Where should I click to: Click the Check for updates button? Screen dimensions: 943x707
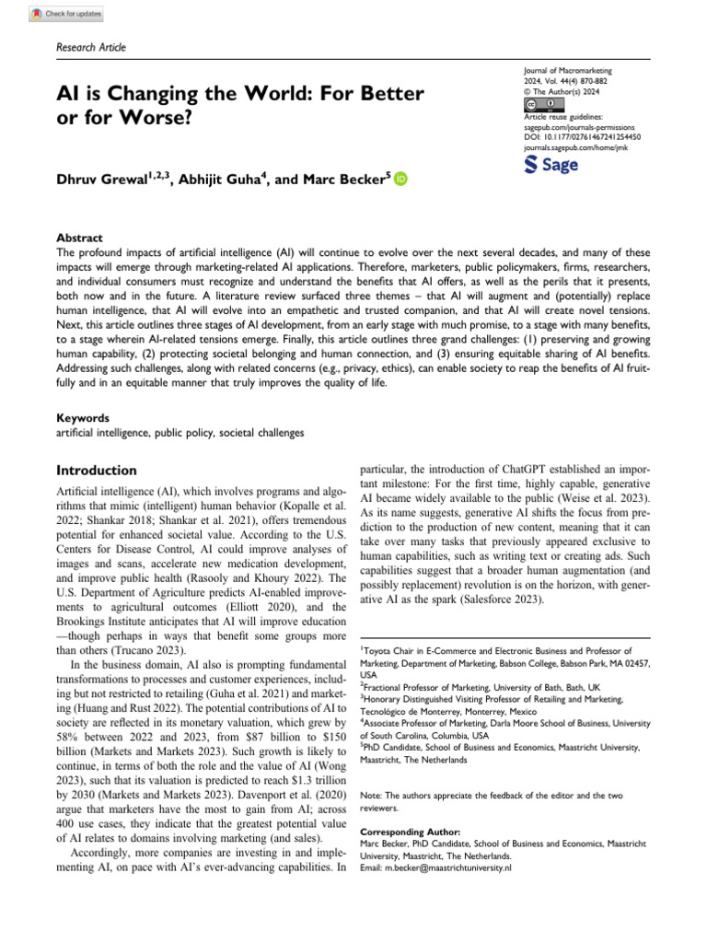pos(67,14)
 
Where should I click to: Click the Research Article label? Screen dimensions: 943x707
pos(91,47)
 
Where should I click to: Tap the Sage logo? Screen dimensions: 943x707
pos(551,165)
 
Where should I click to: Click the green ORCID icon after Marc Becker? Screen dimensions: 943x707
pos(400,180)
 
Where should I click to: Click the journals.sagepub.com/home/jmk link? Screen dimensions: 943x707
pos(575,146)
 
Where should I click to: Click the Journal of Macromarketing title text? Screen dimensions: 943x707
pos(566,70)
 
